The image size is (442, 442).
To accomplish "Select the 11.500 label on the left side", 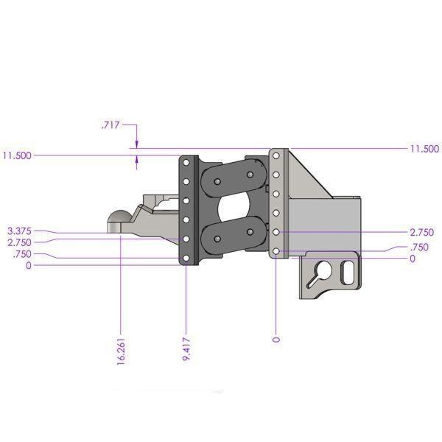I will point(18,156).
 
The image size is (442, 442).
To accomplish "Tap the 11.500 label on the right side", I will point(424,149).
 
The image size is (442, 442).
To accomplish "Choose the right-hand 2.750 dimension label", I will point(421,232).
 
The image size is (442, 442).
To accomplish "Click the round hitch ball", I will point(118,220).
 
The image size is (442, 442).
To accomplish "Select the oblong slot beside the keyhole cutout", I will point(346,271).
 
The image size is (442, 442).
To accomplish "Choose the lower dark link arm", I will point(233,236).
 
